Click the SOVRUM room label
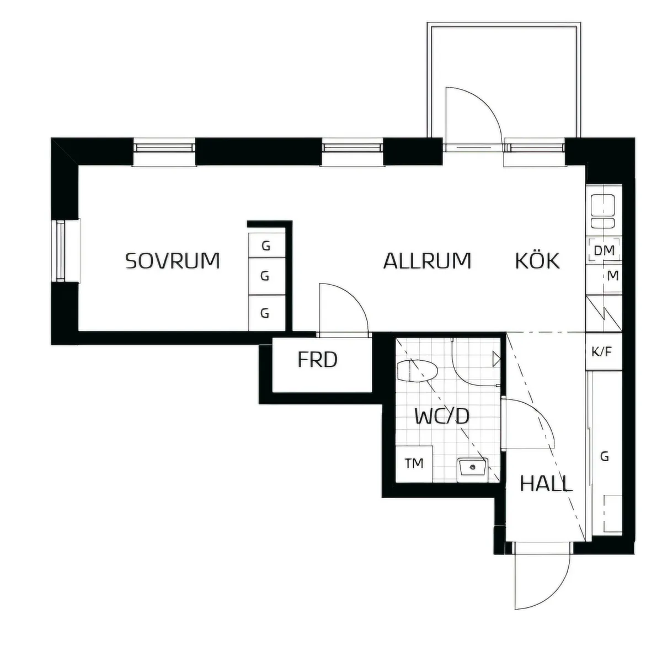[x=173, y=260]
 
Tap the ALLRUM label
[x=428, y=260]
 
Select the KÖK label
[x=537, y=260]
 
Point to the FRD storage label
[x=317, y=360]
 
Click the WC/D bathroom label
[x=441, y=416]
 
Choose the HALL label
[x=546, y=484]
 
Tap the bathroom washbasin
[x=472, y=468]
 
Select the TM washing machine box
[x=414, y=463]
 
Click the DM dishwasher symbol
[x=604, y=250]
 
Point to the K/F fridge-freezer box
[x=602, y=351]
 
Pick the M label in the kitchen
[x=612, y=276]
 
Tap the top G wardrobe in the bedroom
[x=266, y=246]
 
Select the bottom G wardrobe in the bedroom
[x=265, y=313]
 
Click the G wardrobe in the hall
[x=605, y=456]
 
